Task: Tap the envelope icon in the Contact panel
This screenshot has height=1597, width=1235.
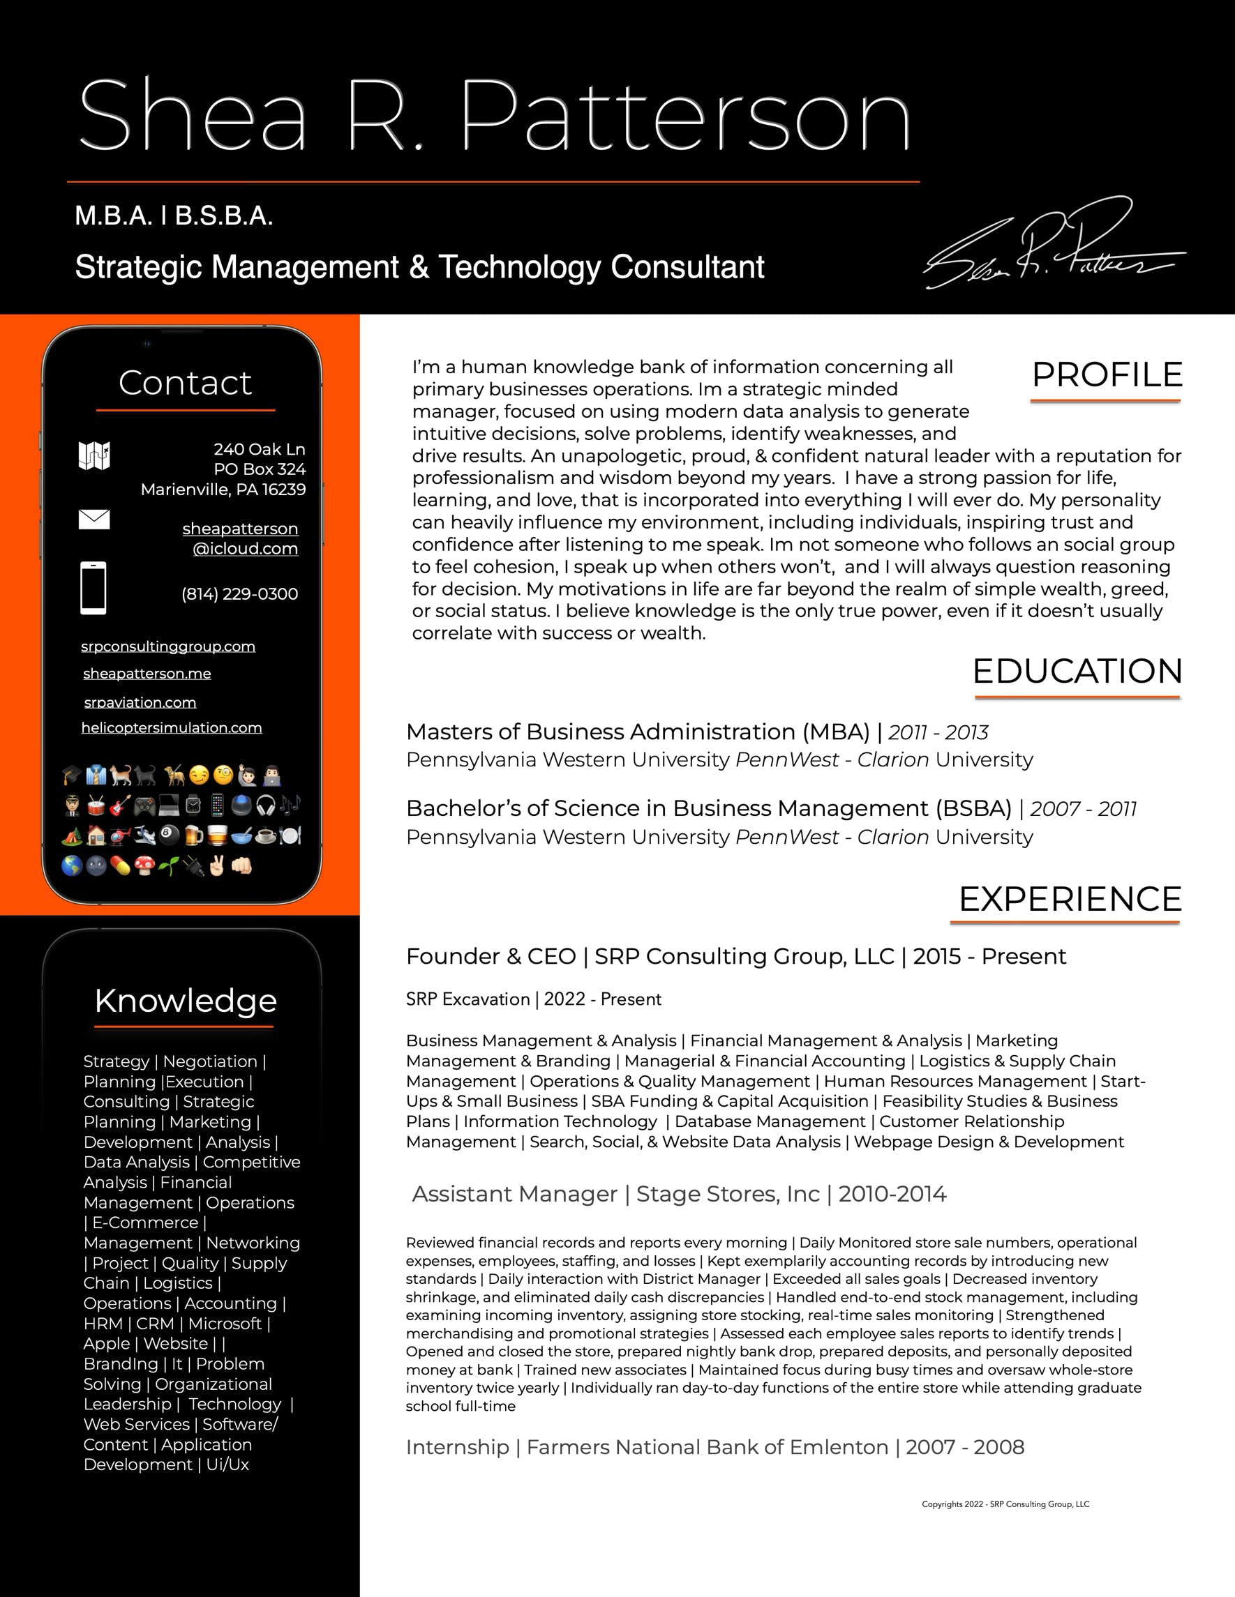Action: pyautogui.click(x=93, y=519)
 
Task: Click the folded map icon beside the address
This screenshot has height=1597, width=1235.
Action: pyautogui.click(x=93, y=455)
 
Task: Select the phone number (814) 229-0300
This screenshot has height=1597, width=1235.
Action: pyautogui.click(x=239, y=593)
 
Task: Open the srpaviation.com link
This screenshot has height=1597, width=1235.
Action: pyautogui.click(x=140, y=702)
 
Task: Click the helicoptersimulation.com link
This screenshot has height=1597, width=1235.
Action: pyautogui.click(x=171, y=727)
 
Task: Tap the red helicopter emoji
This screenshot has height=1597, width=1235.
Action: pyautogui.click(x=119, y=835)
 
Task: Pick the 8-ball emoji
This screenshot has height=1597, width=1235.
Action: pyautogui.click(x=168, y=835)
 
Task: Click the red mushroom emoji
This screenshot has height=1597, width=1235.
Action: pyautogui.click(x=144, y=865)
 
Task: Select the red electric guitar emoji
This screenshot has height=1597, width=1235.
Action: pyautogui.click(x=120, y=805)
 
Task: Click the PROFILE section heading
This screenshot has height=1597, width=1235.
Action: pyautogui.click(x=1106, y=375)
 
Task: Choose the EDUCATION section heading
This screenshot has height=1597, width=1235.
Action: pyautogui.click(x=1077, y=672)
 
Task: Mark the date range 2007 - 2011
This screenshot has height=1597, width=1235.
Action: pyautogui.click(x=1083, y=809)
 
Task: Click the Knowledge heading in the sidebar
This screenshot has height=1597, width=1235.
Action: pyautogui.click(x=185, y=1000)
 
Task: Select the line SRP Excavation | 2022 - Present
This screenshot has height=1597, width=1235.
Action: pyautogui.click(x=533, y=999)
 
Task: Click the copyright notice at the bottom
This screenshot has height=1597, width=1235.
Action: pyautogui.click(x=1005, y=1504)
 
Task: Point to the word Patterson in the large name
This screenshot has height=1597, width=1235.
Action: pyautogui.click(x=687, y=117)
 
